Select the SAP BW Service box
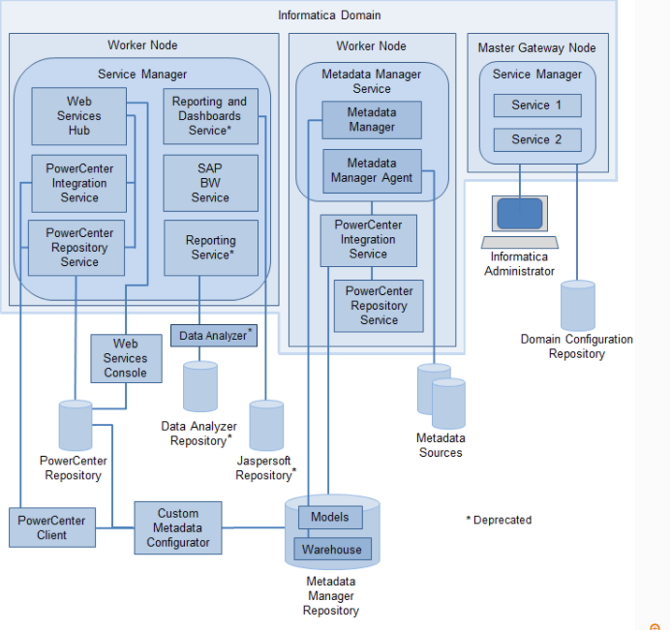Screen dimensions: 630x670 pos(210,183)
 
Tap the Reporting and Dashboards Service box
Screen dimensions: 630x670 pos(210,116)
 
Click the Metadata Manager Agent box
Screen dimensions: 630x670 pos(372,170)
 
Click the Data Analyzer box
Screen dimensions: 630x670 pos(213,336)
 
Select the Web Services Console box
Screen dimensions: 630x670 pos(125,358)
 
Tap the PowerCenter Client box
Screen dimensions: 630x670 pos(52,527)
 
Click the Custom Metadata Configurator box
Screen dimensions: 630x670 pos(177,527)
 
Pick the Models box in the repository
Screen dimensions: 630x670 pos(330,517)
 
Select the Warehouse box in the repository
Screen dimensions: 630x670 pos(331,550)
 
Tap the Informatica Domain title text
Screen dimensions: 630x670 pos(329,15)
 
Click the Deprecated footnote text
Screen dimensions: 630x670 pos(499,520)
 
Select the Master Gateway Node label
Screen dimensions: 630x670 pos(536,47)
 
